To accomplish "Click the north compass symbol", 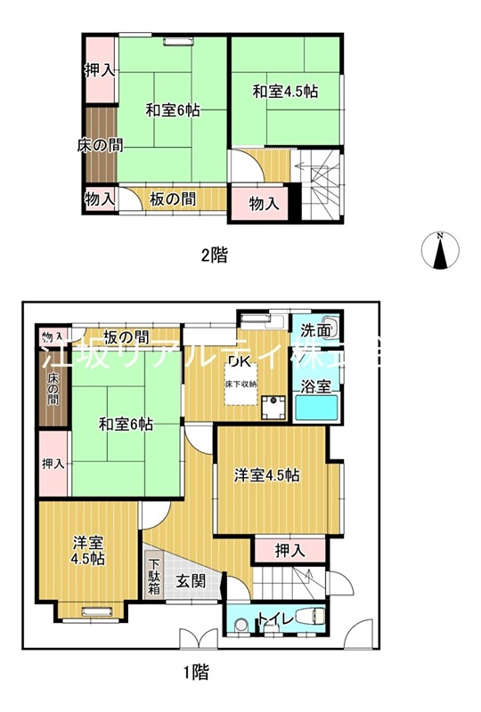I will pyautogui.click(x=439, y=249).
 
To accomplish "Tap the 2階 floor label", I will pyautogui.click(x=213, y=255).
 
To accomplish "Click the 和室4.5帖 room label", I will pyautogui.click(x=285, y=91).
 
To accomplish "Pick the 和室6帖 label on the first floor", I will pyautogui.click(x=126, y=425).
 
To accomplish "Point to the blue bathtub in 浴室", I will pyautogui.click(x=319, y=411).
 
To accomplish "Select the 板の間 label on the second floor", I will pyautogui.click(x=173, y=198).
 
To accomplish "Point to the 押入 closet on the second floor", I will pyautogui.click(x=99, y=70).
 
